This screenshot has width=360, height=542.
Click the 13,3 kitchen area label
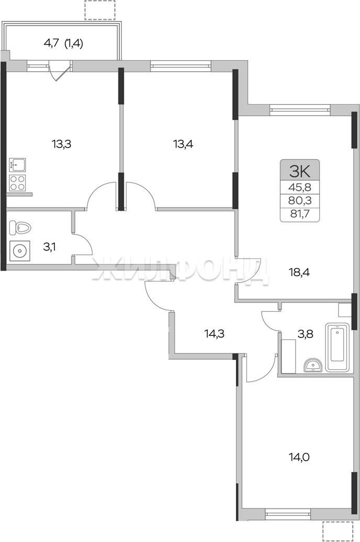pos(62,144)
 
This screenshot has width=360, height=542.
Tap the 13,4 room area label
pos(183,144)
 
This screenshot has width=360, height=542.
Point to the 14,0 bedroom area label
pos(299,457)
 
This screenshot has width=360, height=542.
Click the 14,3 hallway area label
pos(215,334)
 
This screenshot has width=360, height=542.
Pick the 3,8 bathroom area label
pos(306,334)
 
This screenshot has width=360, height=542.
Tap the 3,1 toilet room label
pos(50,247)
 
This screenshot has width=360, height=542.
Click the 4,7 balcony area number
pos(51,43)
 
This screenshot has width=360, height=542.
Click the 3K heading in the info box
pos(300,171)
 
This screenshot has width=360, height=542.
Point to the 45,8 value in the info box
pos(300,187)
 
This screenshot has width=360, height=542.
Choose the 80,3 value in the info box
pos(300,200)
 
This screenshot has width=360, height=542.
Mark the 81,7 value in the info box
pos(300,213)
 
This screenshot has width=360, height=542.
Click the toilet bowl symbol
pos(20,227)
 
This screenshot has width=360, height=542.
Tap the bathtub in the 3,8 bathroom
pos(338,347)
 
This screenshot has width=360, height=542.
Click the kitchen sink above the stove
pos(18,164)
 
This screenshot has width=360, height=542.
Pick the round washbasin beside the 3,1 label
pos(19,250)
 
